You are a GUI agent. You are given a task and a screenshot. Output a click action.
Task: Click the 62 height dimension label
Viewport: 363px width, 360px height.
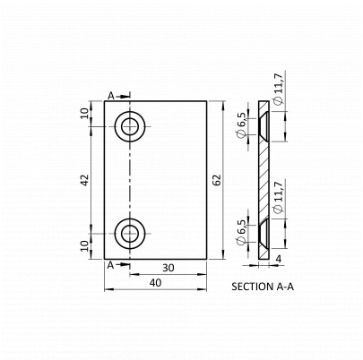pos(218,180)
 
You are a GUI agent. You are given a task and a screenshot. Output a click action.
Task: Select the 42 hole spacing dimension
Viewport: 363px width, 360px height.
pos(85,180)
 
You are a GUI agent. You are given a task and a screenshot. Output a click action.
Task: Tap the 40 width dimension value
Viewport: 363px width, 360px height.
pos(156,282)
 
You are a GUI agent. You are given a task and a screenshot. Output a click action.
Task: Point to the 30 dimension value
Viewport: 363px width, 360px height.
pos(169,268)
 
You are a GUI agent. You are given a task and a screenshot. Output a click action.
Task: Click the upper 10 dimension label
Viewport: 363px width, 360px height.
pos(85,114)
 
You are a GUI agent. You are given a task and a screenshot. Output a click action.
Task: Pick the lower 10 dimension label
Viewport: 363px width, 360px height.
pos(85,245)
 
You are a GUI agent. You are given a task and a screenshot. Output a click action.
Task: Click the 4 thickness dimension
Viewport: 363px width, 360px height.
pos(279,259)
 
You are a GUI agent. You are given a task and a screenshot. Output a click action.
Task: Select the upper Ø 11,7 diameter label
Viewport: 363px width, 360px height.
pos(278,90)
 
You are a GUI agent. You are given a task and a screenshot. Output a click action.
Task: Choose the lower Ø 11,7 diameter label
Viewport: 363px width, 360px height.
pos(278,197)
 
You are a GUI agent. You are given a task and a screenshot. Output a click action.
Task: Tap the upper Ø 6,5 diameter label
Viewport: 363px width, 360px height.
pos(241,125)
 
